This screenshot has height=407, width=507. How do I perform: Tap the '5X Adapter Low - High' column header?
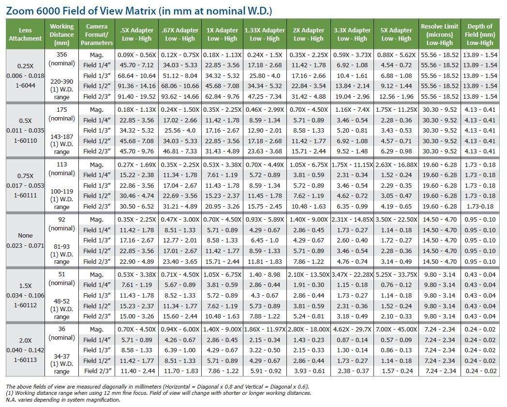tap(397, 34)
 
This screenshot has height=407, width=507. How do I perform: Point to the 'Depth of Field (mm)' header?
tap(480, 34)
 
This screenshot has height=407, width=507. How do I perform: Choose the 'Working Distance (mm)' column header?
tap(62, 34)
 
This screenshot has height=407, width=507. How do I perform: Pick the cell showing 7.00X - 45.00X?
tap(397, 330)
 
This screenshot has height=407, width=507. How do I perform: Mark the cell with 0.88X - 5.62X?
tap(397, 55)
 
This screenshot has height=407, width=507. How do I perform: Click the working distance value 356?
tap(62, 54)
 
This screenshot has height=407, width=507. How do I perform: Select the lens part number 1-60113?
tap(25, 360)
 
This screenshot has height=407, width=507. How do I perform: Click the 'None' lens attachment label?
tap(25, 236)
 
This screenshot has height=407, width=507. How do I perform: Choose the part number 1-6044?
tap(25, 86)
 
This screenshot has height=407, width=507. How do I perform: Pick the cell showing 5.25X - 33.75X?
tap(397, 274)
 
